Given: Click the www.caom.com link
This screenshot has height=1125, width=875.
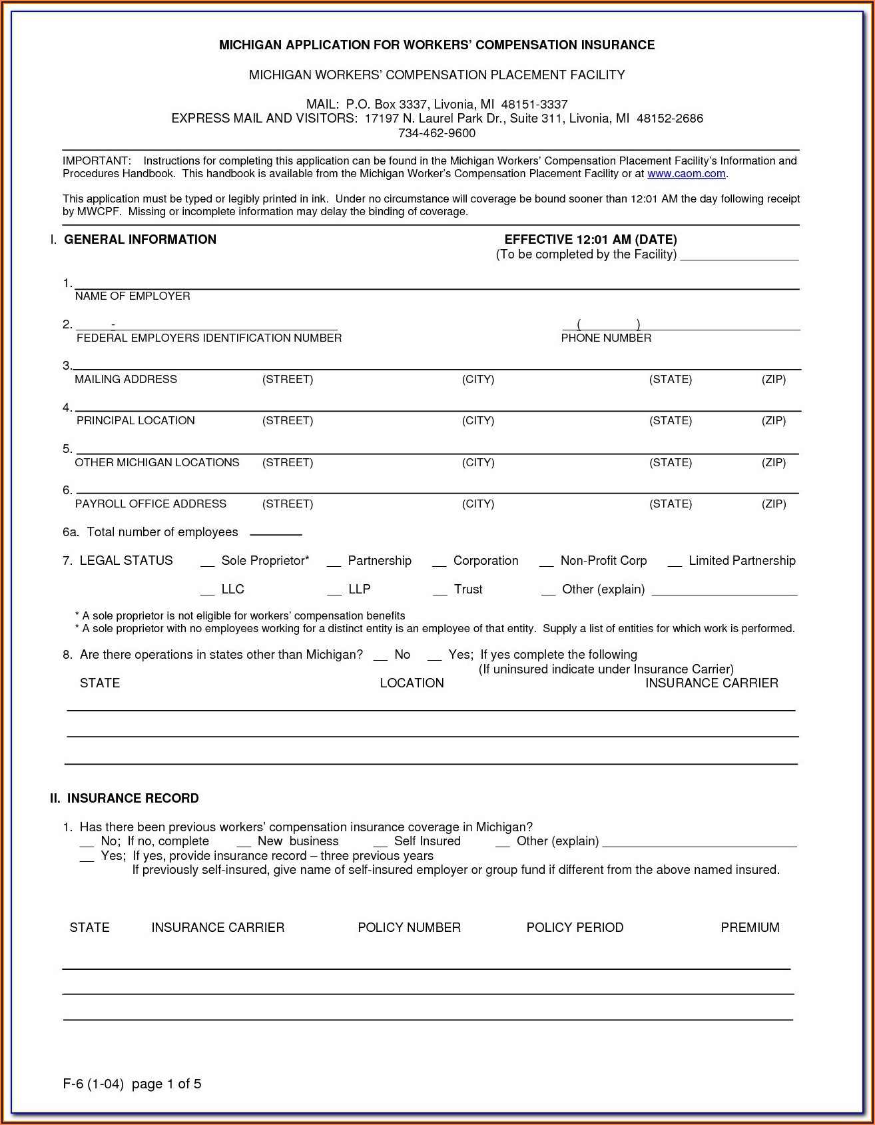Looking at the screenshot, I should pyautogui.click(x=686, y=174).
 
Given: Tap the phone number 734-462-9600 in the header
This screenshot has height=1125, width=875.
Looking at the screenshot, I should pyautogui.click(x=437, y=133).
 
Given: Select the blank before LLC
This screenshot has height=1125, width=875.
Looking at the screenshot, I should pyautogui.click(x=207, y=592).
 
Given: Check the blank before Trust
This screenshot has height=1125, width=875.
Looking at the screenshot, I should pyautogui.click(x=439, y=592).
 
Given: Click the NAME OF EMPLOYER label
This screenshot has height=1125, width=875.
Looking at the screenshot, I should pyautogui.click(x=133, y=296).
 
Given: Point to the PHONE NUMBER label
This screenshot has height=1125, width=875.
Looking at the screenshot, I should pyautogui.click(x=606, y=338).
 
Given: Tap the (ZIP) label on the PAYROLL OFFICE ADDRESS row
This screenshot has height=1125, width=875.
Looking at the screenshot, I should pyautogui.click(x=774, y=504).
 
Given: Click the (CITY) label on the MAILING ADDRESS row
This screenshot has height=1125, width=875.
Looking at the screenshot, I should pyautogui.click(x=478, y=380).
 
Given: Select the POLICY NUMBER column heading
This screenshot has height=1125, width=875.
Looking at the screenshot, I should pyautogui.click(x=409, y=928).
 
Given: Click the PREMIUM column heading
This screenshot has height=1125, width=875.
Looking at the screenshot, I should pyautogui.click(x=750, y=928).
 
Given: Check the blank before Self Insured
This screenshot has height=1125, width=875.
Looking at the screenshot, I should pyautogui.click(x=380, y=844).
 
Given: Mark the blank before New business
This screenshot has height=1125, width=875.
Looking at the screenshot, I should pyautogui.click(x=243, y=844).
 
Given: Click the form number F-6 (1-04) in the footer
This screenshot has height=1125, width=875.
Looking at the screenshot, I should pyautogui.click(x=93, y=1084).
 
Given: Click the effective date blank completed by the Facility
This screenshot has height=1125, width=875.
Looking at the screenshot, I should pyautogui.click(x=739, y=256).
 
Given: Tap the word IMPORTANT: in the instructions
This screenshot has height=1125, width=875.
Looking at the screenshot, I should pyautogui.click(x=97, y=161).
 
